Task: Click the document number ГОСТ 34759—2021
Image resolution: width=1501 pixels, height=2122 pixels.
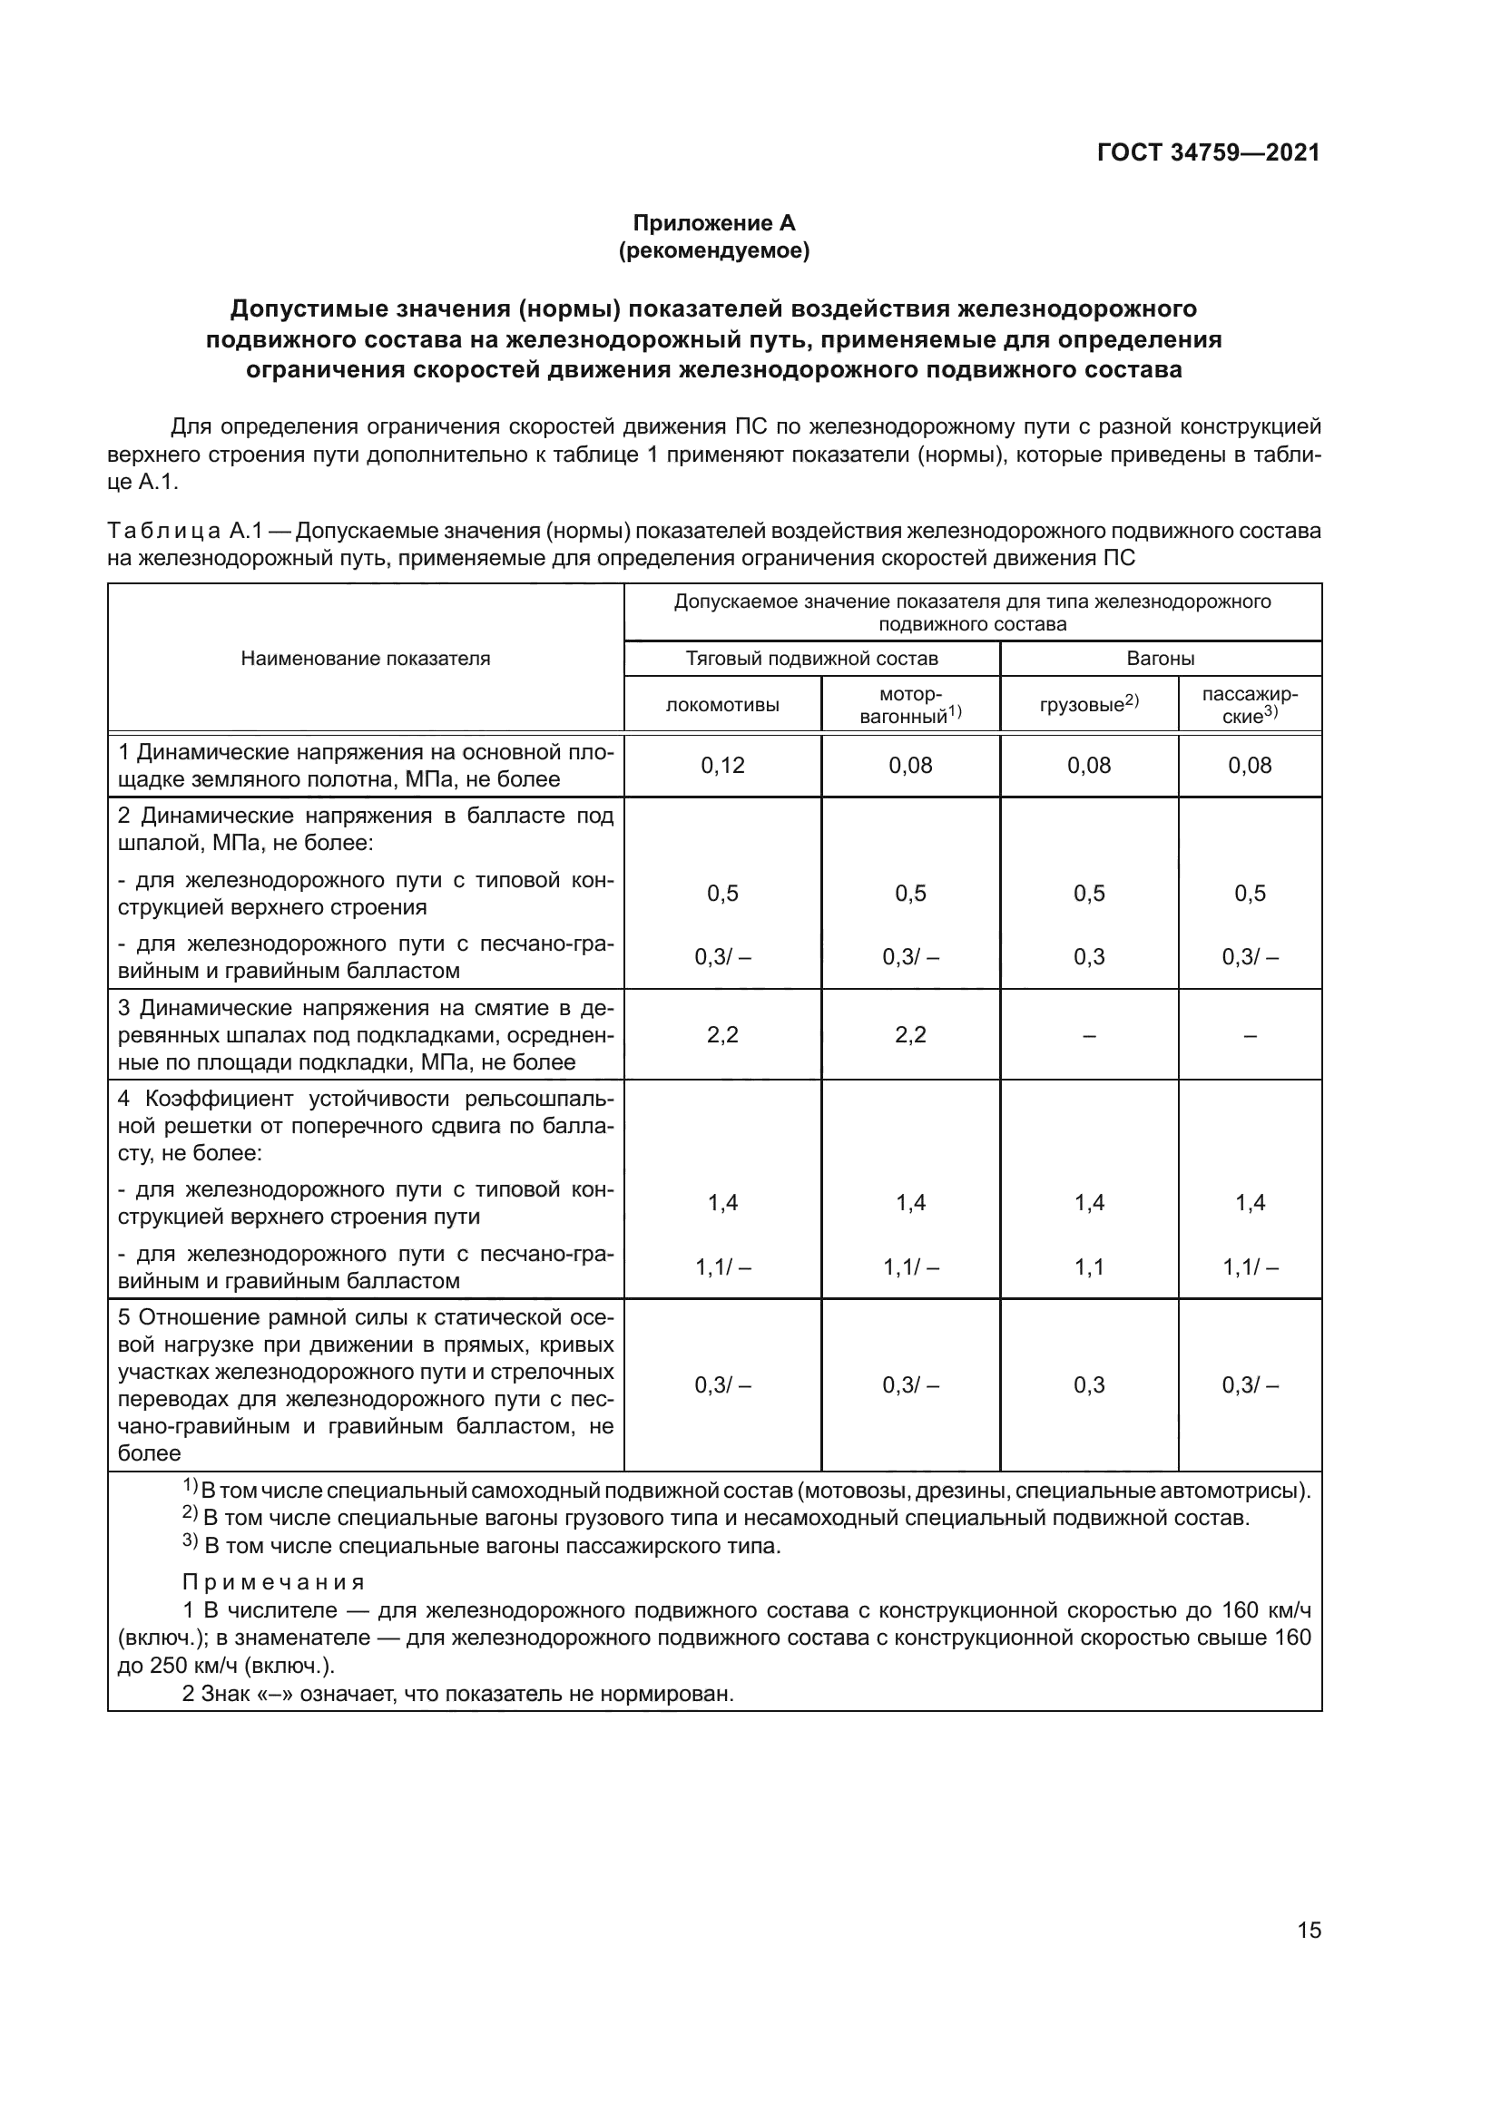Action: pyautogui.click(x=1208, y=152)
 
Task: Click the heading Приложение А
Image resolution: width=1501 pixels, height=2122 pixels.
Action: pyautogui.click(x=713, y=223)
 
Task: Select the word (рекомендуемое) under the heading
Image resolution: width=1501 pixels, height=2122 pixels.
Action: pyautogui.click(x=713, y=250)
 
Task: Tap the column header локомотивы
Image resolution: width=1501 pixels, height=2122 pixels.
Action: pyautogui.click(x=721, y=705)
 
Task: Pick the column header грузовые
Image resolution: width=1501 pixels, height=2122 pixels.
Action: pyautogui.click(x=1088, y=704)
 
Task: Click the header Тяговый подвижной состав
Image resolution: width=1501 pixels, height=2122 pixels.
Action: pyautogui.click(x=811, y=658)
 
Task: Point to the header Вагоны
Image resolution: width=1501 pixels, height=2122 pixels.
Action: pyautogui.click(x=1160, y=658)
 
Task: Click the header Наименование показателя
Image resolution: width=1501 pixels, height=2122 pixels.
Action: pyautogui.click(x=365, y=658)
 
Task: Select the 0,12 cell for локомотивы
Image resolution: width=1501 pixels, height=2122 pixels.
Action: pyautogui.click(x=721, y=766)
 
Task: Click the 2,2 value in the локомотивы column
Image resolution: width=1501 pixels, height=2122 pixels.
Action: pyautogui.click(x=721, y=1034)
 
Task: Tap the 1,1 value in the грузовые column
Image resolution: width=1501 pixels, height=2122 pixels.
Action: pyautogui.click(x=1088, y=1267)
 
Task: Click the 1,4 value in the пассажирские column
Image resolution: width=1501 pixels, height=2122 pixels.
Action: pyautogui.click(x=1250, y=1202)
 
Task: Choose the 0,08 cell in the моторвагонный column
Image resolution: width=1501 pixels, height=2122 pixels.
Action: pyautogui.click(x=909, y=766)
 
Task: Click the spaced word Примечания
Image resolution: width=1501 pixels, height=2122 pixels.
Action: pyautogui.click(x=273, y=1581)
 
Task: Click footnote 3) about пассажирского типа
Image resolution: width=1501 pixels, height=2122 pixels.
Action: pyautogui.click(x=481, y=1545)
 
